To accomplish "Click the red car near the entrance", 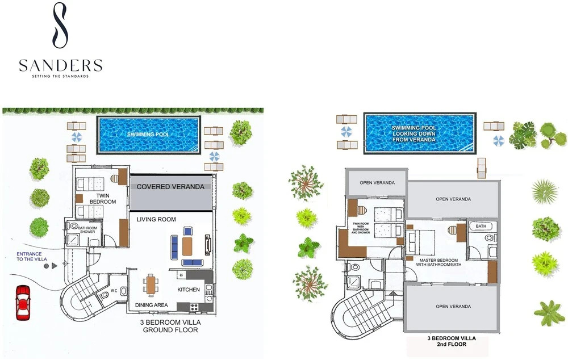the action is coord(23,303).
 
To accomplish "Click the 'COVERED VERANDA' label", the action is coord(170,187).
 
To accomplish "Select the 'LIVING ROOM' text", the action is coord(156,219).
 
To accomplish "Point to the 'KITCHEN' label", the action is coord(189,290).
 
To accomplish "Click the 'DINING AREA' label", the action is coord(152,305).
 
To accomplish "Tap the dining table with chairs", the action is coord(151,284).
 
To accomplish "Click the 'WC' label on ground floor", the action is coord(114,290).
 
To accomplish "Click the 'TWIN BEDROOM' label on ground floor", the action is coord(103,199).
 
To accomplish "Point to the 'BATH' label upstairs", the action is coord(481,226).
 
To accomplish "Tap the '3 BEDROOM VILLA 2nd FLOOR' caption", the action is coord(452,341).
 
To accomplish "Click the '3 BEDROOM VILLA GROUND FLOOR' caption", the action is coord(170,326).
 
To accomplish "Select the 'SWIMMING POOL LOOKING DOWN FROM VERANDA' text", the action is coord(414,133).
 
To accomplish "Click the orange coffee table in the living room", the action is coord(187,246).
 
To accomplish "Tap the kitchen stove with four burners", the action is coord(194,307).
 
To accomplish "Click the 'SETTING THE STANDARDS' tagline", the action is coord(60,76).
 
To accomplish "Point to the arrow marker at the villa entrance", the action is coord(55,266).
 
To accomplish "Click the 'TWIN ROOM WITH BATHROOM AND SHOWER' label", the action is coord(361,228).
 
